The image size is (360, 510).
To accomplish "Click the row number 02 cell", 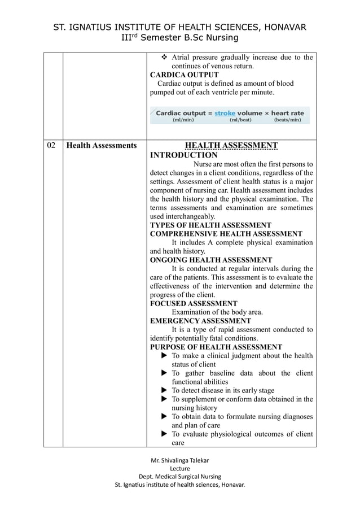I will coord(51,146).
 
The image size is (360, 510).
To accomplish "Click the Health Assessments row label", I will coord(102,146).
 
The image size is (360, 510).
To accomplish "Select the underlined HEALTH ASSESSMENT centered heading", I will coord(231,146).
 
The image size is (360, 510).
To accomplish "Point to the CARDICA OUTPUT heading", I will coord(184,75).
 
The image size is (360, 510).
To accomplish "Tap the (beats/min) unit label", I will coord(291,120).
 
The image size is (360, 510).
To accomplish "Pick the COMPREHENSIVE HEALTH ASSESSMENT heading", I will coord(226,234).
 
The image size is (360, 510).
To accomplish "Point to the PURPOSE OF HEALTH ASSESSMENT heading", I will coord(216,347).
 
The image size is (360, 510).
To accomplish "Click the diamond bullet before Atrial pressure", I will coord(165,58).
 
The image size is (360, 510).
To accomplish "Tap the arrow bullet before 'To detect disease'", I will coord(164,390).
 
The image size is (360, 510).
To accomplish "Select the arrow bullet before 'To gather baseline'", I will coord(164,373).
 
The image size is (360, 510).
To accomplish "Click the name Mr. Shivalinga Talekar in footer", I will coord(179,460).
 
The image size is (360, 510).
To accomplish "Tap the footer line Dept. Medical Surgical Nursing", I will coord(179,476).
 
